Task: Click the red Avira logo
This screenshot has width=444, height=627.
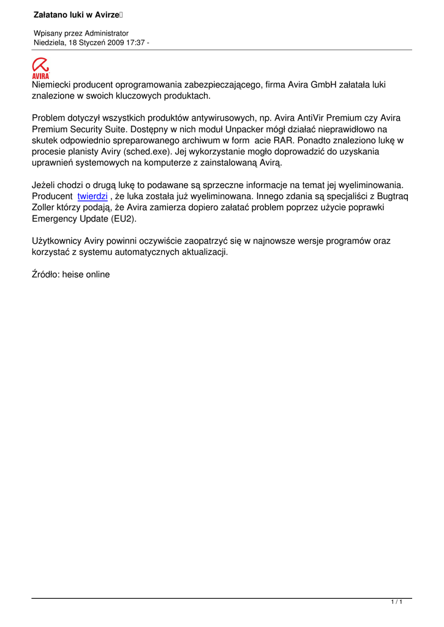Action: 41,68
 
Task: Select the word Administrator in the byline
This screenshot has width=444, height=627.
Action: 108,33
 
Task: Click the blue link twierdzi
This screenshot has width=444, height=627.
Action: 92,196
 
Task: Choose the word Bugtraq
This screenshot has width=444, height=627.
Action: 391,196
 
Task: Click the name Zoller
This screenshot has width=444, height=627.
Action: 44,207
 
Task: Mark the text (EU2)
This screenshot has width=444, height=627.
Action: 123,218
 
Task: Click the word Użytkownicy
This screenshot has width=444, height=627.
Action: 56,241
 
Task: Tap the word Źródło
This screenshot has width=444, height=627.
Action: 45,274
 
